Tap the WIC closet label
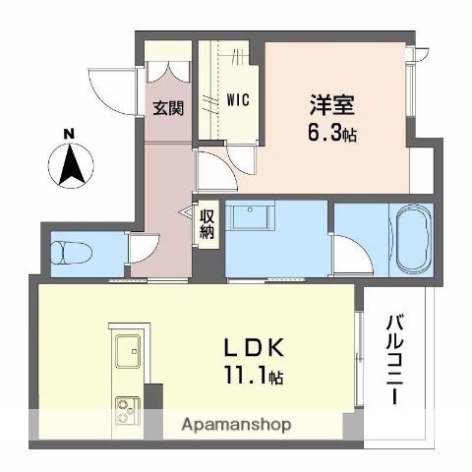click(x=237, y=99)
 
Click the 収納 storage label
click(x=206, y=224)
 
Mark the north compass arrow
click(x=71, y=165)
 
